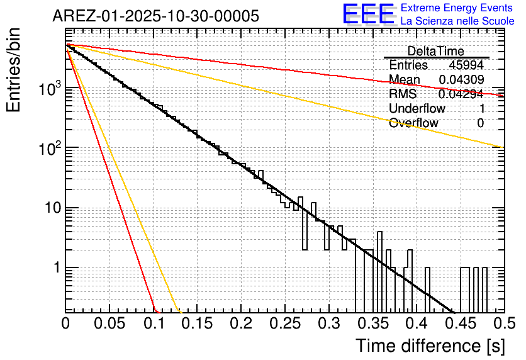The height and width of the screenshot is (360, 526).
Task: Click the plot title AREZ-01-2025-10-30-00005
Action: click(x=155, y=16)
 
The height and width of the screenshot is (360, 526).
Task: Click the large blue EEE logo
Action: click(x=368, y=14)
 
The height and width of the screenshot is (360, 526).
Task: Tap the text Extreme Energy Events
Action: click(x=457, y=8)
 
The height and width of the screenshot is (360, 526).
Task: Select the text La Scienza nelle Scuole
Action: click(x=457, y=21)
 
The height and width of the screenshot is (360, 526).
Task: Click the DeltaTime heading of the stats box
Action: click(x=435, y=51)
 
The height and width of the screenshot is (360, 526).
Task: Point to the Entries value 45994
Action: click(x=466, y=65)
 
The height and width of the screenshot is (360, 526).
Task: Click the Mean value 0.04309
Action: click(x=461, y=79)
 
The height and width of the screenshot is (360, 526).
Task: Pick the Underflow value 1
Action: click(x=481, y=108)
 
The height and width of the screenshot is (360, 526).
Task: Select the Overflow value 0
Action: click(x=481, y=123)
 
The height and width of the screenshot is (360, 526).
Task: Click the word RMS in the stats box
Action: click(x=403, y=94)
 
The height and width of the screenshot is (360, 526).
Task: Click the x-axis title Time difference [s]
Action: click(x=430, y=346)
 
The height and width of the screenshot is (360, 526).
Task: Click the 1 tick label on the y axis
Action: click(x=55, y=268)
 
